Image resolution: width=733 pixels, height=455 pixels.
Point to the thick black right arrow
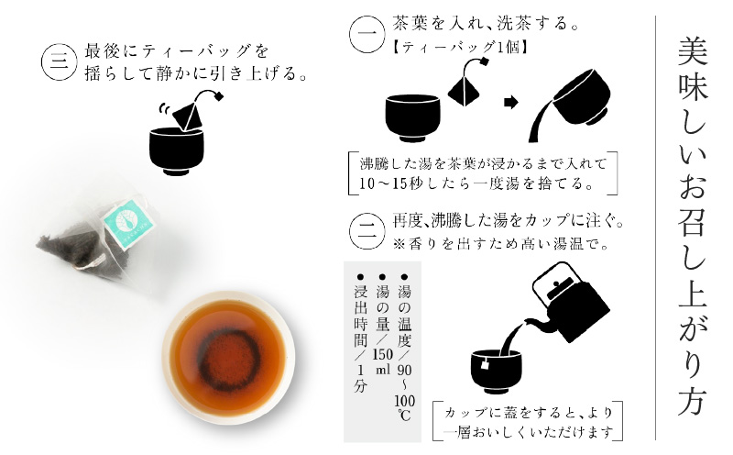click(x=518, y=103)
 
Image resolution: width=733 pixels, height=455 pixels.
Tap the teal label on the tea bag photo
click(x=126, y=217)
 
